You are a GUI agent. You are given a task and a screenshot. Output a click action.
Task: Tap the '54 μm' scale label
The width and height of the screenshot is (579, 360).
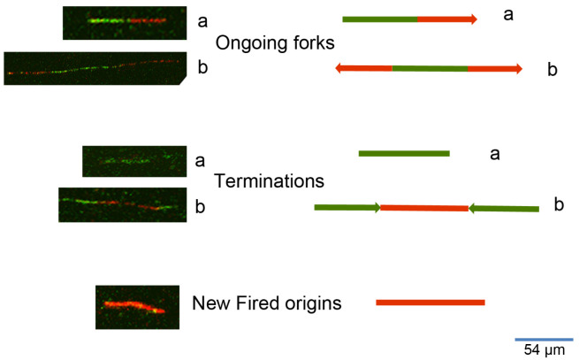544,350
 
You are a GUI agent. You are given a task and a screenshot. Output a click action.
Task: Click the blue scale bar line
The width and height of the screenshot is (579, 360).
543,338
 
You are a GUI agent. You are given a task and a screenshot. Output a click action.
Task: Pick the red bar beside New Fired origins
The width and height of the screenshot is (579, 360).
430,303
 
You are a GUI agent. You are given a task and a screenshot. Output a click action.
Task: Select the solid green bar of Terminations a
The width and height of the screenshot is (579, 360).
404,154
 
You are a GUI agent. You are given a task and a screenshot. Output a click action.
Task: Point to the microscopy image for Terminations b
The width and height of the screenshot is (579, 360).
121,205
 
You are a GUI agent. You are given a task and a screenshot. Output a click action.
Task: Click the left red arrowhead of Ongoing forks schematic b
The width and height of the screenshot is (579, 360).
340,67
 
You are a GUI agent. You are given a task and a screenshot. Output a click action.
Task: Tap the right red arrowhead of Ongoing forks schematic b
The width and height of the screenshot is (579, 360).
518,67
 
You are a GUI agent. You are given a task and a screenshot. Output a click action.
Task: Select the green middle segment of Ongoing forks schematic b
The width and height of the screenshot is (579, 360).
430,67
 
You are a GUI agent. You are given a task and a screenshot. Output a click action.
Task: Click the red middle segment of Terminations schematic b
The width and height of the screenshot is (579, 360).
424,209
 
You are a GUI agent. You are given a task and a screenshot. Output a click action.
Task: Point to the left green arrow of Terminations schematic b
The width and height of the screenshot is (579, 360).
347,208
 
